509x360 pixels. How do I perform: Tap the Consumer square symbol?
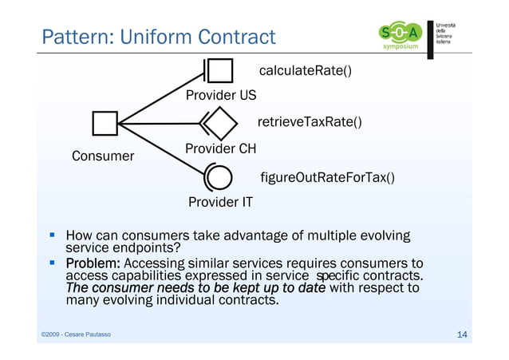click(105, 124)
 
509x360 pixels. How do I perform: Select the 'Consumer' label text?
click(103, 156)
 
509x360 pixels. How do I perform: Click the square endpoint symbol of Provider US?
click(220, 72)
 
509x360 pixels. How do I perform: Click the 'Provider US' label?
click(221, 96)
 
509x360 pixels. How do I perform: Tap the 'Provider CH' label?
click(221, 148)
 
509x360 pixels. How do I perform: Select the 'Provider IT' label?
click(220, 202)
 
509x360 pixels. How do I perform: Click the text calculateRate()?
click(306, 72)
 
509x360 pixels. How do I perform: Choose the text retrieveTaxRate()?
click(309, 122)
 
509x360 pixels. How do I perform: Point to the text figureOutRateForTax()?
click(327, 176)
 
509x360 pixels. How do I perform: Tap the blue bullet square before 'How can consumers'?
click(52, 236)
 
